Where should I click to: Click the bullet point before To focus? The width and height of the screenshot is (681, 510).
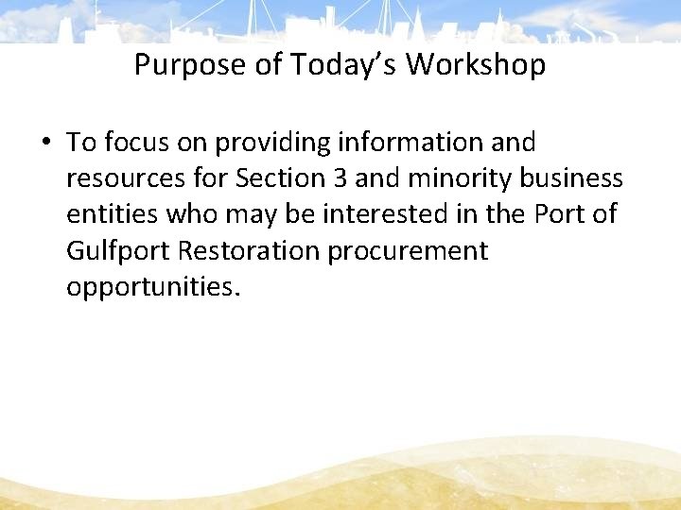tap(45, 144)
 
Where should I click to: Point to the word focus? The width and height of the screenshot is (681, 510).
tap(135, 143)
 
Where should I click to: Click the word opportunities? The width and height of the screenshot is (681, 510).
tap(153, 286)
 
